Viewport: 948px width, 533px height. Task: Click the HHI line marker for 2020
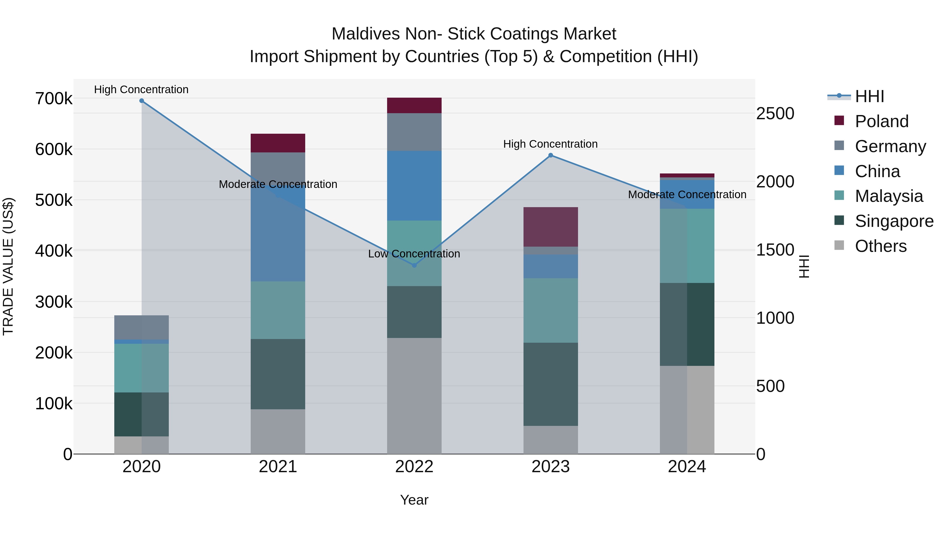point(142,101)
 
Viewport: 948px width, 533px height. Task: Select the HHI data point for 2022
point(414,265)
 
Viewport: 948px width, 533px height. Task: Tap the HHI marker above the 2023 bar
point(551,155)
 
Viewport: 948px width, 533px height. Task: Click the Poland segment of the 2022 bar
point(414,106)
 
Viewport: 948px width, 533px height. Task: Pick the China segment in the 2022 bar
point(414,186)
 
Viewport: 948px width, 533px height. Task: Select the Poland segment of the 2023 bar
point(551,227)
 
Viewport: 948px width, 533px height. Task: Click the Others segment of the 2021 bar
point(278,431)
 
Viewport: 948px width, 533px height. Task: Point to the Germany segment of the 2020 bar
point(142,327)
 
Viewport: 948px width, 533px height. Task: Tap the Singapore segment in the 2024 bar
point(687,325)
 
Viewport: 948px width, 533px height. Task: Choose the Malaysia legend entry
point(888,196)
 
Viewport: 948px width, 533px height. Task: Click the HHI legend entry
point(869,96)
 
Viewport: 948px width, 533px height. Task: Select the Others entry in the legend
point(880,246)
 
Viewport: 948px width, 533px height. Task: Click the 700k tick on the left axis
point(54,99)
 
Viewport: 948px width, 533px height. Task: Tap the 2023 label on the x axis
point(551,467)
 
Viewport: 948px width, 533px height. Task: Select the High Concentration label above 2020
point(141,89)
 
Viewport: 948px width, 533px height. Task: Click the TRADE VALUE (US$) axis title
point(8,266)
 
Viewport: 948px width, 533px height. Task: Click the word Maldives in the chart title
point(366,34)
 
